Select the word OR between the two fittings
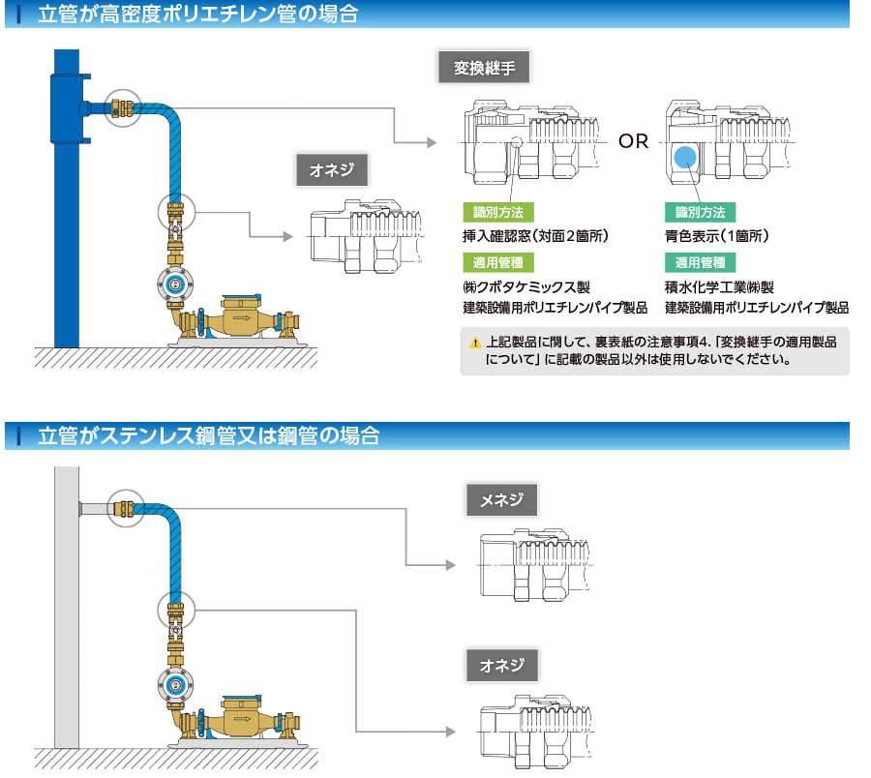tap(634, 141)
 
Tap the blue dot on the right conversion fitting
tap(685, 156)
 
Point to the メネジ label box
tap(502, 499)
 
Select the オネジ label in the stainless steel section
tap(502, 665)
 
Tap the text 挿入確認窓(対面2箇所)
tap(534, 235)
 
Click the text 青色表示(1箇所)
tap(716, 235)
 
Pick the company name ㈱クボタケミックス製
tap(526, 287)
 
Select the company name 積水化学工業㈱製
tap(719, 287)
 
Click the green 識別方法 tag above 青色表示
tap(699, 212)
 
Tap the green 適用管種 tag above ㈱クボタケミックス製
tap(496, 262)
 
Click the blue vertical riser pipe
tap(66, 242)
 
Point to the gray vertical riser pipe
tap(66, 629)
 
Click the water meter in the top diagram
tap(237, 320)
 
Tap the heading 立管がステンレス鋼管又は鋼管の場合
tap(207, 436)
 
